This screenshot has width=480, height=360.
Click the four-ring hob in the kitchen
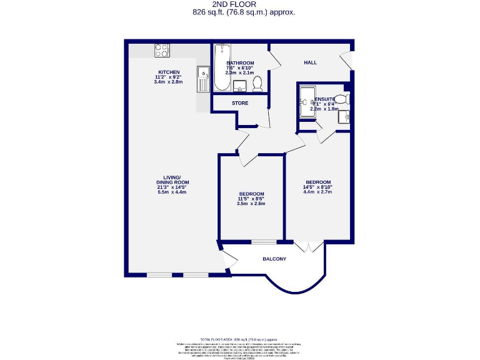click(162, 51)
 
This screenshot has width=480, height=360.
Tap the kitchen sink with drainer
click(203, 80)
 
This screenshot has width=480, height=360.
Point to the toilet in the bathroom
click(257, 82)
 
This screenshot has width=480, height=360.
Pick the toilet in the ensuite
click(341, 99)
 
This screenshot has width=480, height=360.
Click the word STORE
click(240, 103)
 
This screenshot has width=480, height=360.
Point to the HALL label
click(310, 63)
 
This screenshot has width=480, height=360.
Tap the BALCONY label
click(274, 259)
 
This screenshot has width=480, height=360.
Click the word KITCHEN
click(169, 72)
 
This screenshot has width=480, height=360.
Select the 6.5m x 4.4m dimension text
click(172, 192)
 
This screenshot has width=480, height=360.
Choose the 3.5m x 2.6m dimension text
click(251, 204)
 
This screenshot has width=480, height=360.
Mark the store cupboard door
click(267, 119)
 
